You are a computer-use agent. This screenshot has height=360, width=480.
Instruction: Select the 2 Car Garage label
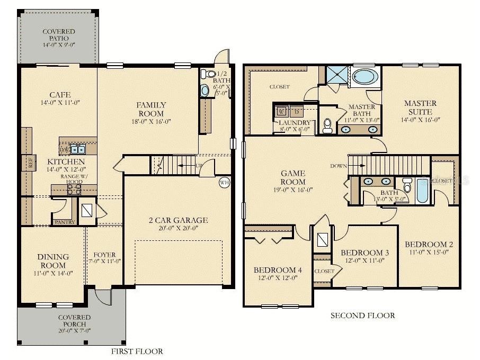(177, 220)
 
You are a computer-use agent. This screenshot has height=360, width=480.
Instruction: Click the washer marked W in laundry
(281, 112)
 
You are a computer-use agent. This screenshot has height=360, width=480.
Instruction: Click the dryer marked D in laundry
(297, 112)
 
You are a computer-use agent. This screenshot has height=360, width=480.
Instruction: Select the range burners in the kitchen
(75, 189)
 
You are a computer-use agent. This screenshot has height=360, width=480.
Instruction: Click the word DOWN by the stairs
(338, 166)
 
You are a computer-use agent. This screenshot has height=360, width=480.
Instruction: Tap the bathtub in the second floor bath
(422, 191)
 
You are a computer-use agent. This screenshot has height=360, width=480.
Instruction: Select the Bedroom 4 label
(278, 270)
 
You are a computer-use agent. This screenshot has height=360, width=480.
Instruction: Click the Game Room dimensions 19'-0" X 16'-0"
(293, 190)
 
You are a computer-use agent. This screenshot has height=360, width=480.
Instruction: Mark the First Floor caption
(137, 351)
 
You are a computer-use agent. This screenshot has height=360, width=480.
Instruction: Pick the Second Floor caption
(362, 316)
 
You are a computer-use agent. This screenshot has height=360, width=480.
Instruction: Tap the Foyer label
(104, 254)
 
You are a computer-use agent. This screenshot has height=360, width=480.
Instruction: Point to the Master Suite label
(420, 107)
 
